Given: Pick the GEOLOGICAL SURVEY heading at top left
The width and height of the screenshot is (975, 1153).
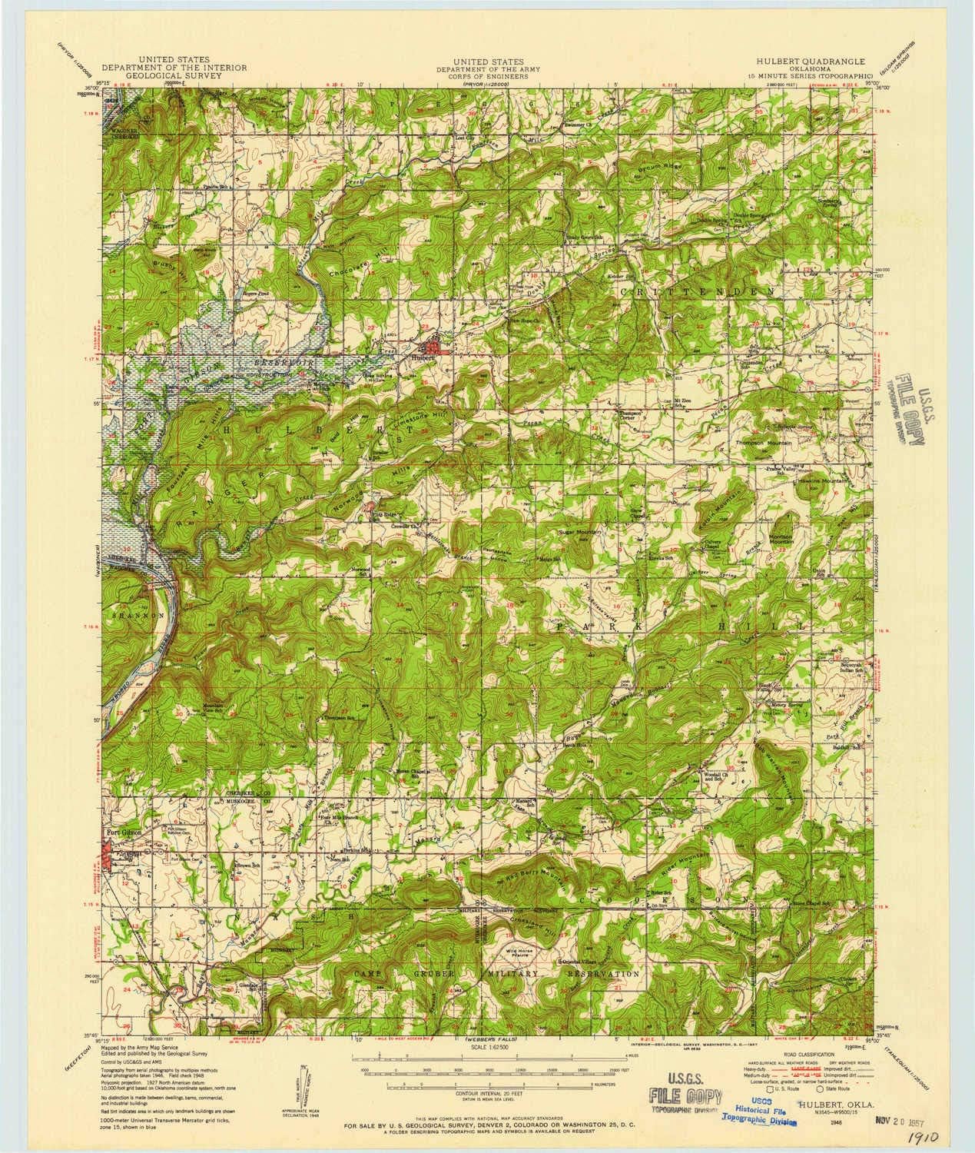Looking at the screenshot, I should click(180, 75).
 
